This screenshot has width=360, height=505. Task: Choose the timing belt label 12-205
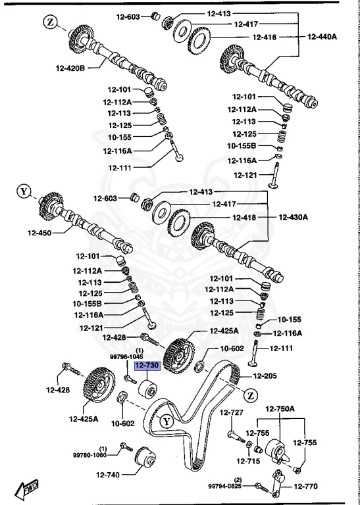pos(268,376)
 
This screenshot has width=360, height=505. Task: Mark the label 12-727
pos(232,412)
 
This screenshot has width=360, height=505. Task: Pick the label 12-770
pos(305,487)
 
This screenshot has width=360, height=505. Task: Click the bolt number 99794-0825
pos(226,487)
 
